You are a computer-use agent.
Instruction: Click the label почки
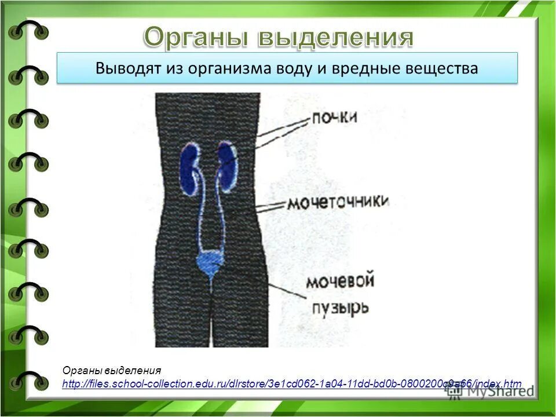pyautogui.click(x=335, y=118)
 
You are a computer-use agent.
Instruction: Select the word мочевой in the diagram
pyautogui.click(x=339, y=282)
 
